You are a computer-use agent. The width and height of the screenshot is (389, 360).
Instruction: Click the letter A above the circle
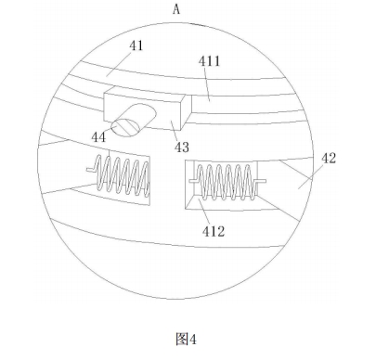(176, 9)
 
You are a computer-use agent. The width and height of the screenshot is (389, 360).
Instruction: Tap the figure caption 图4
(186, 339)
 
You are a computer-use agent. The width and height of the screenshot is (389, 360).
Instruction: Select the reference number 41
(136, 45)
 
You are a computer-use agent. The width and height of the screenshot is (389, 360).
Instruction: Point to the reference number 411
(210, 61)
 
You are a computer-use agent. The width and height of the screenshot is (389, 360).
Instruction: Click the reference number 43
(182, 148)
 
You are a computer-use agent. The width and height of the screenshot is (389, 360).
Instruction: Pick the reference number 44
(98, 137)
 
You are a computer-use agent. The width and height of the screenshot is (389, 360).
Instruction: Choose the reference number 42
(329, 158)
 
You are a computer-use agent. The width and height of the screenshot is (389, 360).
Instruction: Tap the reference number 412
(214, 231)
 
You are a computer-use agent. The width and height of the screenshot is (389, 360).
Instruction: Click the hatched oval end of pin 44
(125, 127)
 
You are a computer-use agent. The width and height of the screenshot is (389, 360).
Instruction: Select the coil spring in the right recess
(227, 182)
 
